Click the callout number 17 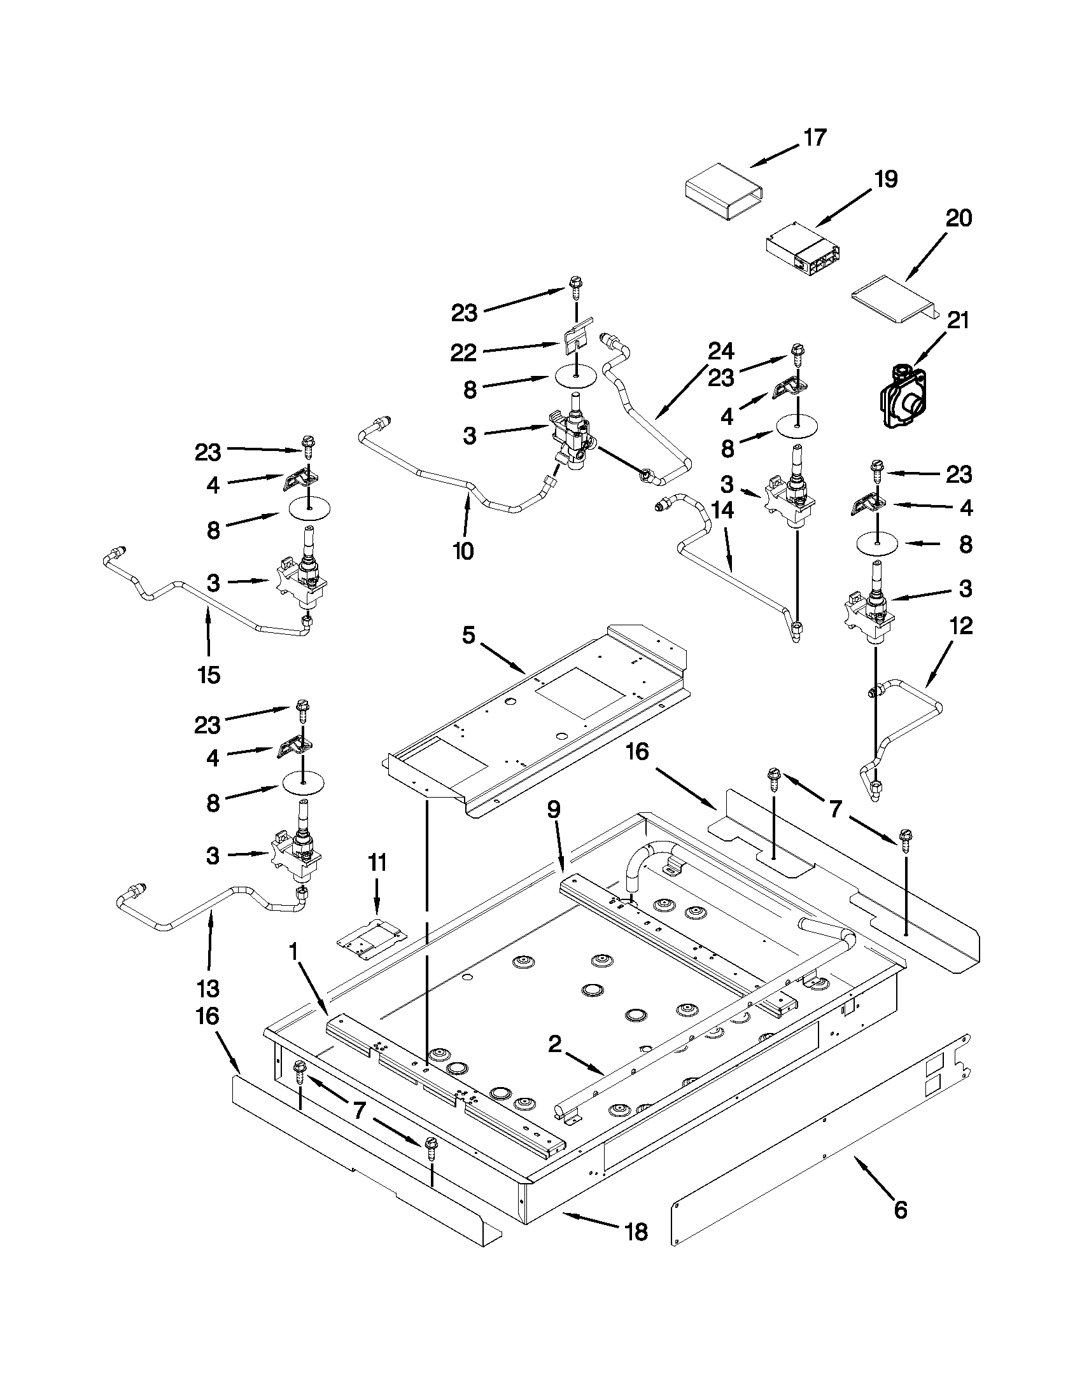(815, 138)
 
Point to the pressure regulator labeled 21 (901, 398)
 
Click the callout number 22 (463, 352)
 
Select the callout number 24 (721, 351)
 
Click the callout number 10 (463, 550)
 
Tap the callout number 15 (209, 674)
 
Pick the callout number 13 (209, 988)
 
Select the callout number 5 (469, 636)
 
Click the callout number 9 (554, 810)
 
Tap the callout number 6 (900, 1210)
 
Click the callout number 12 (959, 626)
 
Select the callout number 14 (722, 510)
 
